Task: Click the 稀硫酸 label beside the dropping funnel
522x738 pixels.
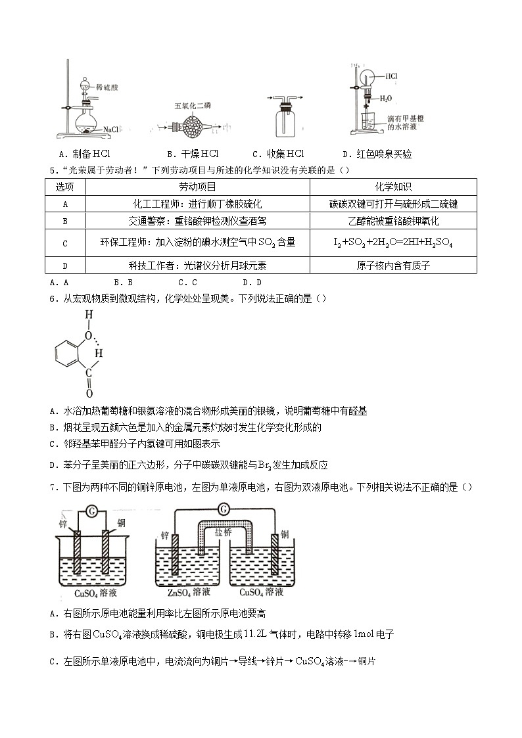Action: (107, 86)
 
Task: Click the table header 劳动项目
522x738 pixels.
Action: (197, 187)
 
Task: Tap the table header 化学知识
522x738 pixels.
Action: (393, 187)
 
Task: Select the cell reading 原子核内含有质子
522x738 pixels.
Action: (393, 265)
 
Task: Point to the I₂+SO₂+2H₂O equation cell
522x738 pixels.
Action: (393, 242)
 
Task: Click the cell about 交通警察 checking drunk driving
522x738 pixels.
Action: (197, 221)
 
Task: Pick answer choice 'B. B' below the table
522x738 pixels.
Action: (123, 283)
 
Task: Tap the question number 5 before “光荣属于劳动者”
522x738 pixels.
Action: (52, 172)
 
